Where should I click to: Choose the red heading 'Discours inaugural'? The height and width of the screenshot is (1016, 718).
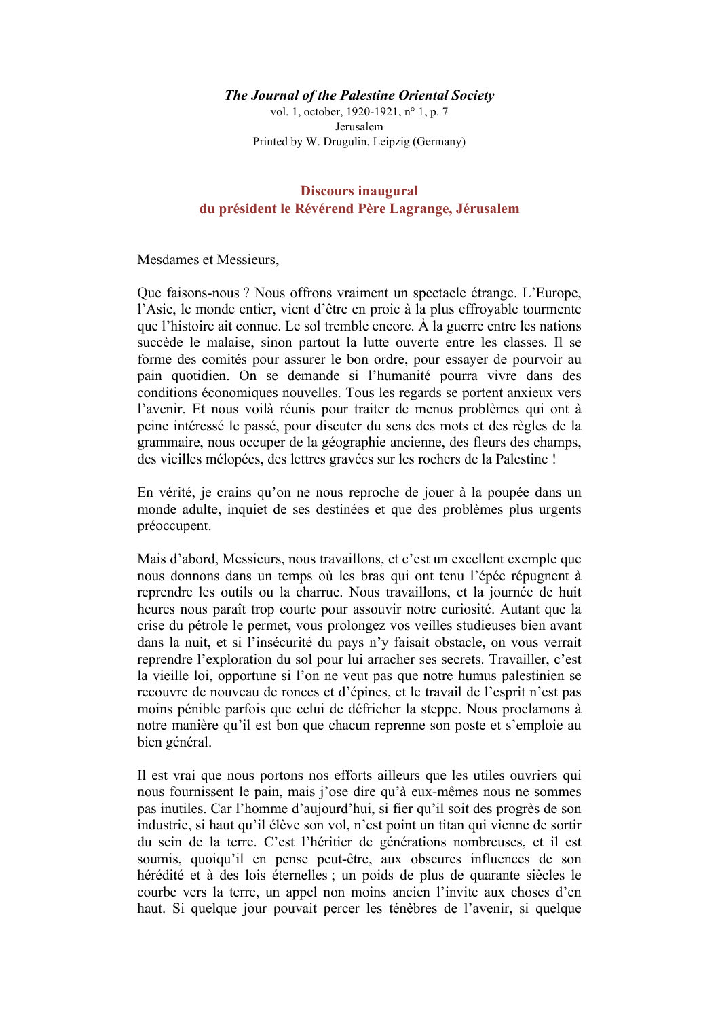(x=359, y=191)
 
